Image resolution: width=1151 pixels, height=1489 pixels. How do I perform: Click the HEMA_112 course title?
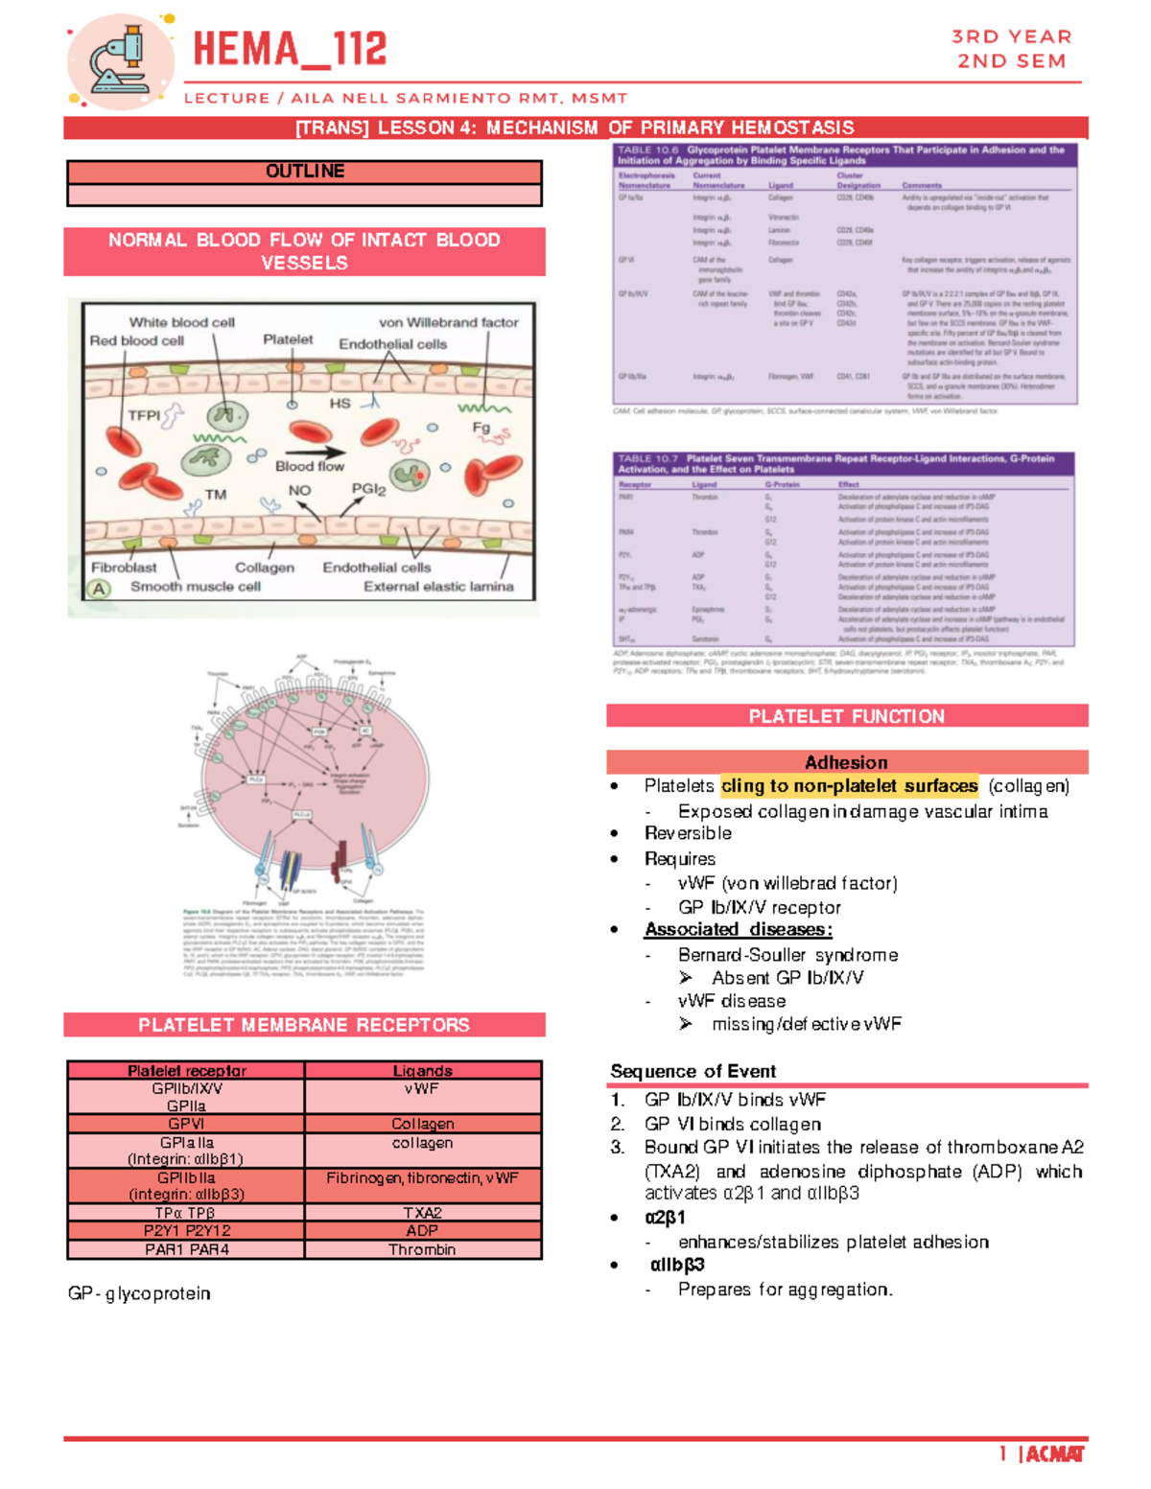[x=290, y=50]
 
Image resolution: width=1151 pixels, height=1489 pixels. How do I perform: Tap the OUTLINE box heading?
[x=304, y=172]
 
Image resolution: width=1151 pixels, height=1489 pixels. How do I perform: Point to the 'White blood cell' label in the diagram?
[x=181, y=322]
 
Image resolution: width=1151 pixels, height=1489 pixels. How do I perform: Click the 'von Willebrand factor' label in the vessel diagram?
[x=448, y=322]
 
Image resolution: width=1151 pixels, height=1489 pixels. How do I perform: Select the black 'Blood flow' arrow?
[x=315, y=453]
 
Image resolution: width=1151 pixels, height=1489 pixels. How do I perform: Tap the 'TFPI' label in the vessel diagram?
[x=144, y=415]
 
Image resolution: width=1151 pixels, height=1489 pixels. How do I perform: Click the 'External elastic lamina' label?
[x=438, y=586]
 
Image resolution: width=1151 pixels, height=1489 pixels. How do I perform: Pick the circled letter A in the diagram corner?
[x=99, y=589]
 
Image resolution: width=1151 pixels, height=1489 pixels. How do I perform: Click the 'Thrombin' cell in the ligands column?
[x=422, y=1249]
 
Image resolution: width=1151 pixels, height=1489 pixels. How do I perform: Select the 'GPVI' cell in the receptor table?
[x=186, y=1124]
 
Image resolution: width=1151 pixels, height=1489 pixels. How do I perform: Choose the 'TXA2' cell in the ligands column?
[x=422, y=1213]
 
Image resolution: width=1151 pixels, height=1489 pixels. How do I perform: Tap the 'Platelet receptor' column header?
[x=186, y=1070]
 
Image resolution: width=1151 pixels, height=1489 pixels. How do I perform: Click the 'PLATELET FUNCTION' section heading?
[x=846, y=716]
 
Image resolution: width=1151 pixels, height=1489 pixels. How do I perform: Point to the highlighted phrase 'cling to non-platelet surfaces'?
[x=849, y=786]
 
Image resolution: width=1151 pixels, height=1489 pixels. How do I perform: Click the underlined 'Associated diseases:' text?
[x=738, y=929]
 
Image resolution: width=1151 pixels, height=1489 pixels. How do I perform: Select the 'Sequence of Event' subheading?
[x=693, y=1071]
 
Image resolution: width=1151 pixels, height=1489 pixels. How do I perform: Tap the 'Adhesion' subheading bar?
[x=846, y=762]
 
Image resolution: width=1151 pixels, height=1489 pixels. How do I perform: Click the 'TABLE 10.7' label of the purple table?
[x=647, y=459]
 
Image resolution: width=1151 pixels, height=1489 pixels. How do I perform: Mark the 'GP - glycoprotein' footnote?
[x=139, y=1293]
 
